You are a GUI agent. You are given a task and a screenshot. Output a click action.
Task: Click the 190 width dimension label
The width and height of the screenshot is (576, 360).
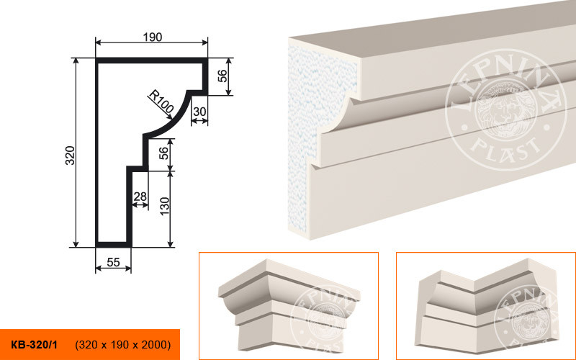(x=153, y=37)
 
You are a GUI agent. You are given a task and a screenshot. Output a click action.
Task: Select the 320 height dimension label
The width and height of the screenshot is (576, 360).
(x=70, y=156)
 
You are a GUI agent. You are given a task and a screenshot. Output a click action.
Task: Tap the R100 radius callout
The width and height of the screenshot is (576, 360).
(x=161, y=102)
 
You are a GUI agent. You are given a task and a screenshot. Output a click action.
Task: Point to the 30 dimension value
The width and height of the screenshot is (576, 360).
(x=199, y=112)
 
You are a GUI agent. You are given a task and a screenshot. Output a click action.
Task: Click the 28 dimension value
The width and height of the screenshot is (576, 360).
(x=140, y=197)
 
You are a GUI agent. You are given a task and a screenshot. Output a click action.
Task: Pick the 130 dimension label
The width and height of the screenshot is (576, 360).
(x=165, y=206)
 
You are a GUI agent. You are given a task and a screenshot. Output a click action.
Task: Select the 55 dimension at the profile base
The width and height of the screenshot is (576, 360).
(x=113, y=262)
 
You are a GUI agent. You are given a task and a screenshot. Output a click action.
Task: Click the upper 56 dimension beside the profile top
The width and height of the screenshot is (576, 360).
(x=222, y=76)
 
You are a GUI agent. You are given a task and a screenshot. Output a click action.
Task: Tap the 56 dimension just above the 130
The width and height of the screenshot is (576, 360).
(x=164, y=153)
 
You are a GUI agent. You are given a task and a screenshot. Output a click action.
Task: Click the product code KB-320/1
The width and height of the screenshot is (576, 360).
(x=34, y=345)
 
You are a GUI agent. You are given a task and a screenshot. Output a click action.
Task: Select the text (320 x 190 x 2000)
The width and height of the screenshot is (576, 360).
(x=123, y=345)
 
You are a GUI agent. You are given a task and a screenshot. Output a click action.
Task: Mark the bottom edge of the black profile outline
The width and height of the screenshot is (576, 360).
(x=113, y=245)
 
